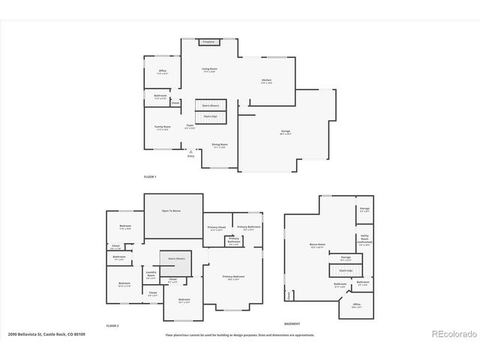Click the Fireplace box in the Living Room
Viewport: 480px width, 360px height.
coord(209,42)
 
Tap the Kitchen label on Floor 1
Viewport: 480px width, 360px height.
coord(266,81)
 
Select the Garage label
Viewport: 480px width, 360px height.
coord(286,132)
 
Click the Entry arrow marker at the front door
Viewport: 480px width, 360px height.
coord(190,154)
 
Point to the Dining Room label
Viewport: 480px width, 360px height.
coord(220,145)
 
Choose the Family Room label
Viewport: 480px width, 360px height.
coord(163,127)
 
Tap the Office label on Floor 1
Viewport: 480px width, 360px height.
coord(162,72)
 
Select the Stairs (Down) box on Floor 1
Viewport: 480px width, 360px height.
coord(210,106)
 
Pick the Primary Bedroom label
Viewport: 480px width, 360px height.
coord(234,277)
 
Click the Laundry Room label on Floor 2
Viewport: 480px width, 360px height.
coord(151,274)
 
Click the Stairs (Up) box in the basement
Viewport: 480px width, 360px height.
coord(346,270)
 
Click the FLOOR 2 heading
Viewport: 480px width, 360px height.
coord(112,326)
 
